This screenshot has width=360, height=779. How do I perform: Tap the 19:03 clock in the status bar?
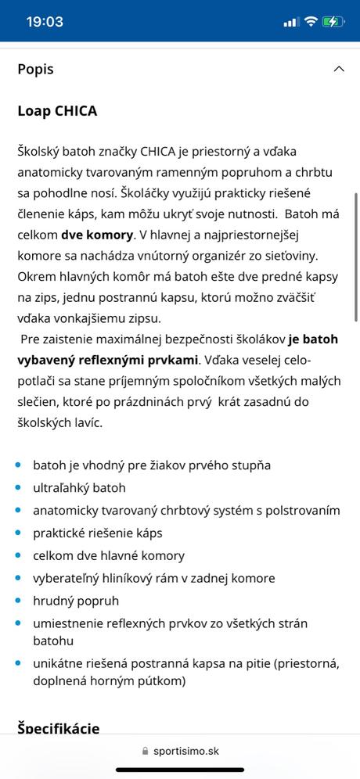(x=45, y=22)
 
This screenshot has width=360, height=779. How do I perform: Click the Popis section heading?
(x=36, y=69)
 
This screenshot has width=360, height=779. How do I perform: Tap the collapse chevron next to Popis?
(x=339, y=69)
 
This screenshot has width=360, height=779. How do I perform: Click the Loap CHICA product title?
(x=57, y=111)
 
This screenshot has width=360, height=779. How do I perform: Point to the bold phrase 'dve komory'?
(x=97, y=235)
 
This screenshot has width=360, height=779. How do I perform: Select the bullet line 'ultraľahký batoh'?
(x=79, y=488)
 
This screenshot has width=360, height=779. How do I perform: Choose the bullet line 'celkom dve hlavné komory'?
(x=109, y=556)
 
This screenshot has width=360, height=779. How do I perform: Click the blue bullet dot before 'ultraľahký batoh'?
(x=18, y=488)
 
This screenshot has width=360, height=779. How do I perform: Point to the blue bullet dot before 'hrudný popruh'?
(x=18, y=601)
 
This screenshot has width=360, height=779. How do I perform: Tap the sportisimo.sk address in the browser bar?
(x=186, y=752)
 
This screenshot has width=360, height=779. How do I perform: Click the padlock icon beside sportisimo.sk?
(x=145, y=752)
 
